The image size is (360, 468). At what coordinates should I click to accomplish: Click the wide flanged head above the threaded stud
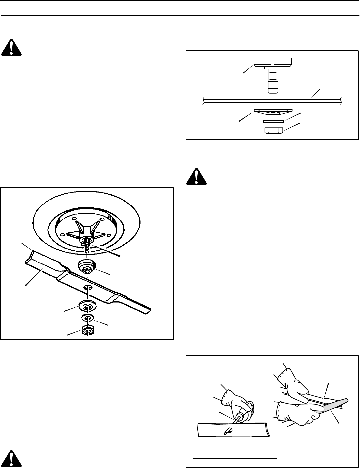pyautogui.click(x=273, y=62)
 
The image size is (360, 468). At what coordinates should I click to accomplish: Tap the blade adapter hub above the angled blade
pyautogui.click(x=87, y=266)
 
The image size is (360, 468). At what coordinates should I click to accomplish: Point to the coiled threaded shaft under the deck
pyautogui.click(x=87, y=249)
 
